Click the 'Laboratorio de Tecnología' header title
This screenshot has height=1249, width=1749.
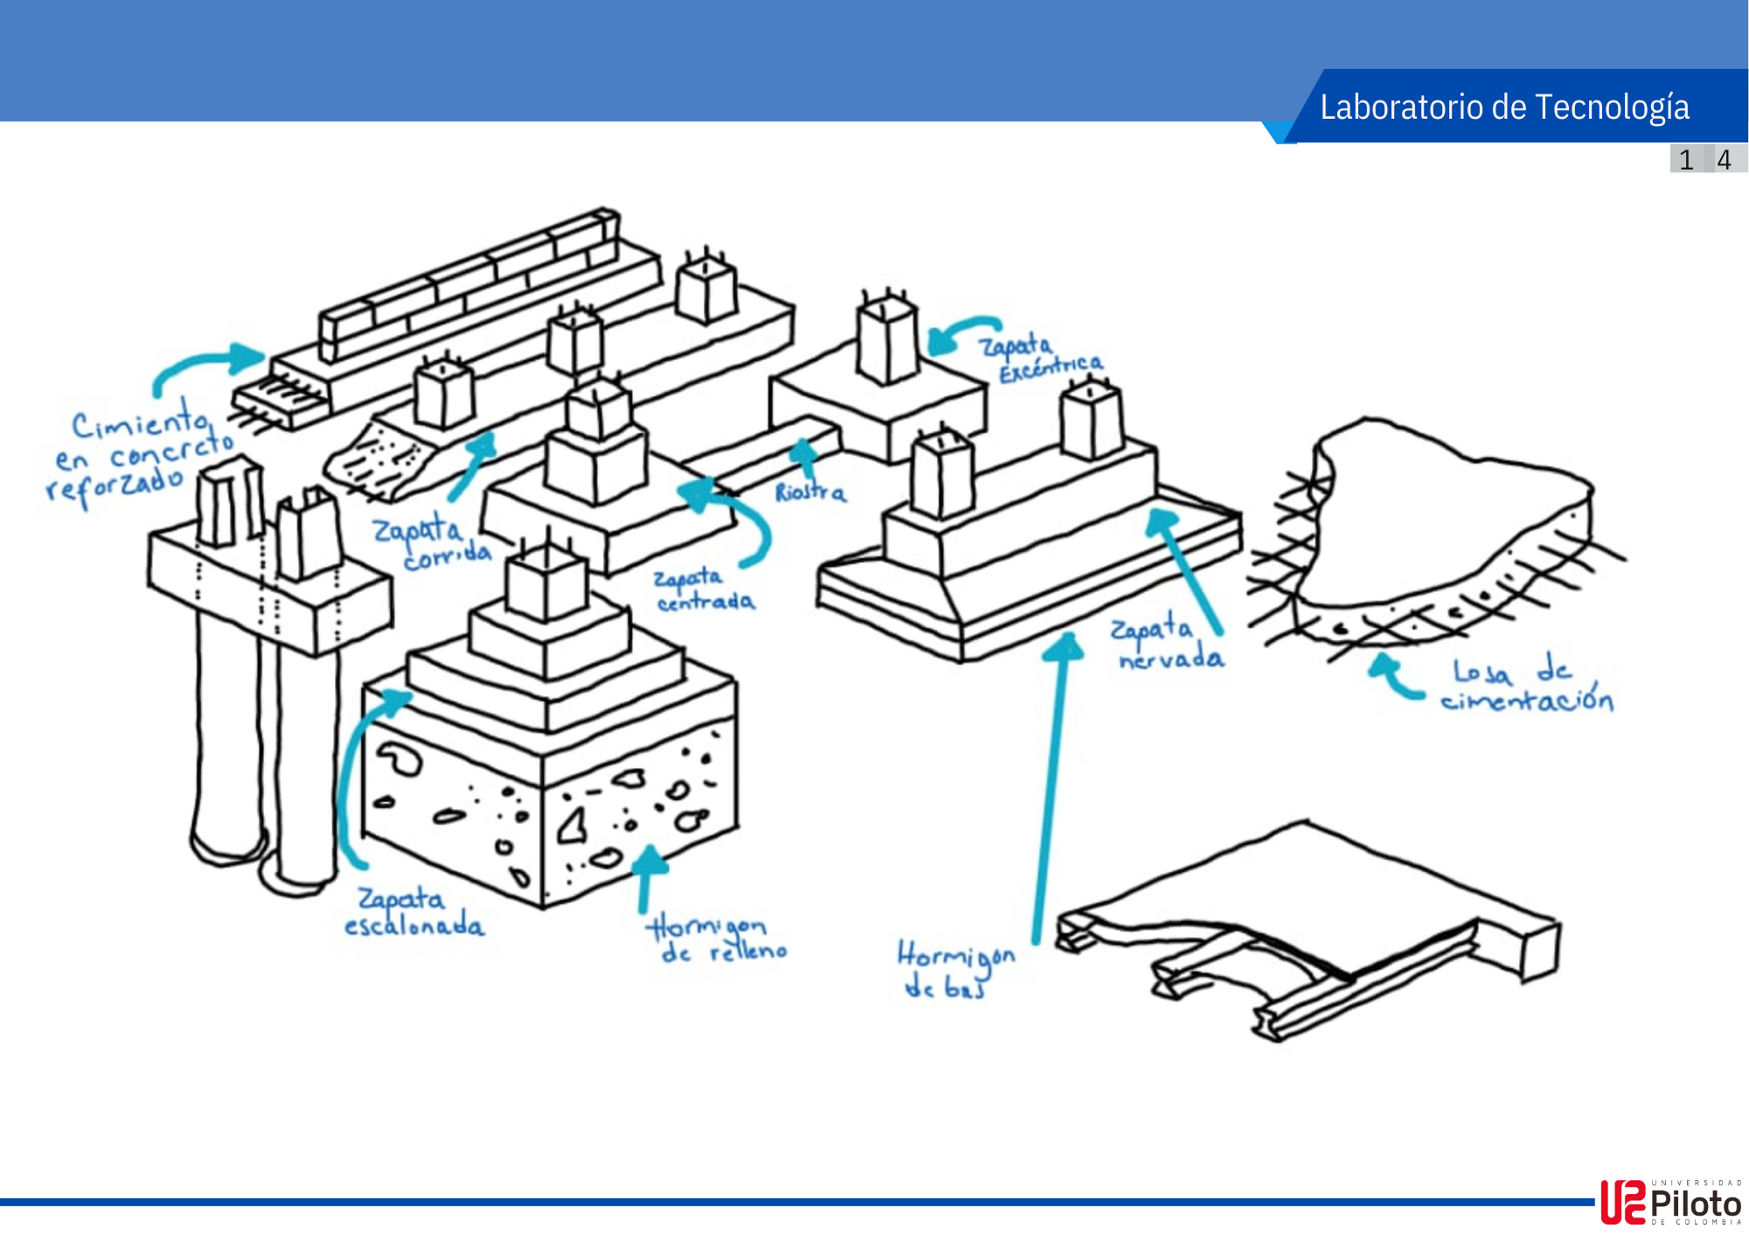1504,107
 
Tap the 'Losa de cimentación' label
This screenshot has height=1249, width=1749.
1526,686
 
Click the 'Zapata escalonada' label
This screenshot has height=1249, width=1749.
413,912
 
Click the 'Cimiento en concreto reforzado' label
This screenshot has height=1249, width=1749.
140,455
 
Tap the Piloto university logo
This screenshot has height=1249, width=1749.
1670,1203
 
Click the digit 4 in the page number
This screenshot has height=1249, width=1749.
1724,160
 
